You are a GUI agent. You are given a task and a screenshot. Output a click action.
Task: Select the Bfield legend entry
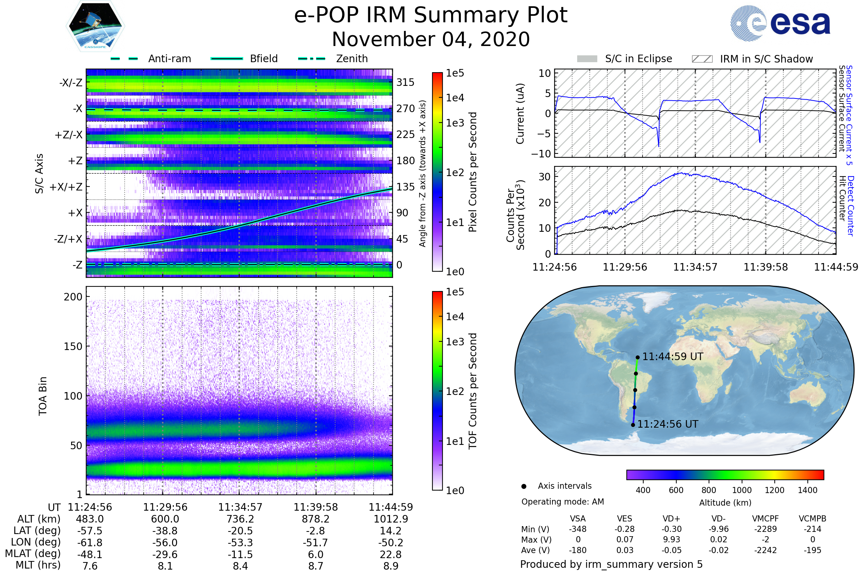[264, 59]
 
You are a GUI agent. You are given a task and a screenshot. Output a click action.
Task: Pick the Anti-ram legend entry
[169, 59]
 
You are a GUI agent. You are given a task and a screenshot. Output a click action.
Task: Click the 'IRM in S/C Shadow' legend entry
[766, 59]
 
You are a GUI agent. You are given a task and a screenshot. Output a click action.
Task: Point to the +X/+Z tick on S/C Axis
[66, 187]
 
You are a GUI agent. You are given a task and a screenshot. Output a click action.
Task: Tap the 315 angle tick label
[405, 83]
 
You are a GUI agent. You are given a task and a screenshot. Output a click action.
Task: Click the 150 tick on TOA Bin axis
[73, 346]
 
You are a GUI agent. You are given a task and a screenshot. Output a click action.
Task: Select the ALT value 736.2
[240, 519]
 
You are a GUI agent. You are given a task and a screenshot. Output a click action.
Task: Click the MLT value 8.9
[391, 566]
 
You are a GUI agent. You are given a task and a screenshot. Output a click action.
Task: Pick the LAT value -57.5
[90, 531]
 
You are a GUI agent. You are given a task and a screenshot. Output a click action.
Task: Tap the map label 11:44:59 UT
[672, 356]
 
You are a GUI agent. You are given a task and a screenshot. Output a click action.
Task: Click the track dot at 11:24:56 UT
[633, 425]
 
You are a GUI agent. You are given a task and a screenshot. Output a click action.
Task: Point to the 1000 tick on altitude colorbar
[742, 490]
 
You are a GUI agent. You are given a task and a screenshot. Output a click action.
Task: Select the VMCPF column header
[765, 519]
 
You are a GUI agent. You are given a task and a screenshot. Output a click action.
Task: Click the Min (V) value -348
[578, 529]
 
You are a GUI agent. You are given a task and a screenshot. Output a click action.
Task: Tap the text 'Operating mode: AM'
[562, 502]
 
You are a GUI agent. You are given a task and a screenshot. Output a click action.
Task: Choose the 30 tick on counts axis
[544, 177]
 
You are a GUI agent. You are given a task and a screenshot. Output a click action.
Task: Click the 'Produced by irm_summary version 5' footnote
[611, 564]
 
